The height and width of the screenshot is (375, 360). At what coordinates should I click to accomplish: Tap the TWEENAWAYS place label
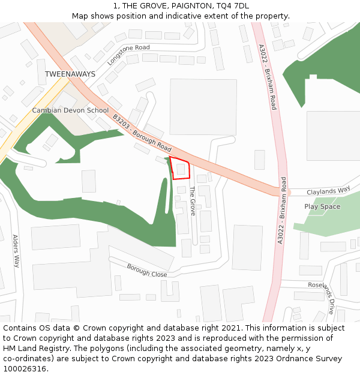pos(70,74)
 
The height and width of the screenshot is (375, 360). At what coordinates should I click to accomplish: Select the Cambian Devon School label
pos(70,110)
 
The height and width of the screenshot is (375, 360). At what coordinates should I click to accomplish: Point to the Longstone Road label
pos(128,55)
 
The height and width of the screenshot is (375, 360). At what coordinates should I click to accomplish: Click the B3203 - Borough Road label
pos(142,133)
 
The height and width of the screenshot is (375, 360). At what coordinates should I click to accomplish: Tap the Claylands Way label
pos(328,191)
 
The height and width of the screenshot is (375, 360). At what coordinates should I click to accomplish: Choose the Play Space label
pos(322,206)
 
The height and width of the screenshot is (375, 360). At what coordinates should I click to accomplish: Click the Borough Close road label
pos(146,270)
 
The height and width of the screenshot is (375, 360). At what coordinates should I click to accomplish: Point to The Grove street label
pos(193,201)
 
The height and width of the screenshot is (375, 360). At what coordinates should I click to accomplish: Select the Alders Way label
pos(16,251)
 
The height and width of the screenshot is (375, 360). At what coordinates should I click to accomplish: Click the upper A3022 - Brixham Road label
pos(268,77)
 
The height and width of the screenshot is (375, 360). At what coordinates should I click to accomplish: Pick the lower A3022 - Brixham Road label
pos(281,210)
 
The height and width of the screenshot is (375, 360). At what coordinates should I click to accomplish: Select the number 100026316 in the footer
pos(24,368)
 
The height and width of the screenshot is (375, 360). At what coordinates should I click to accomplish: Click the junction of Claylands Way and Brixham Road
pos(284,192)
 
